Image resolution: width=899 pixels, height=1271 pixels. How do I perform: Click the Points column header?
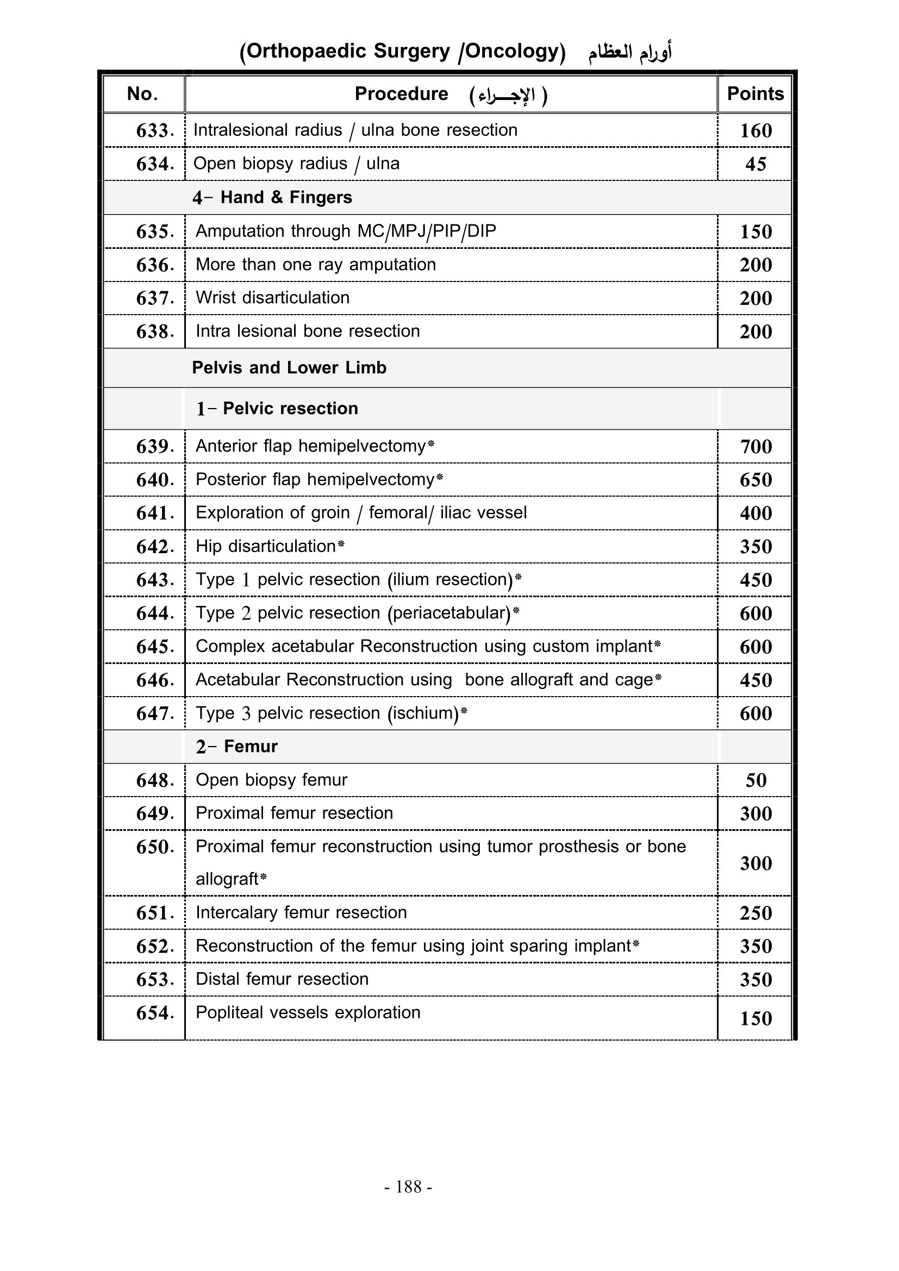pyautogui.click(x=755, y=93)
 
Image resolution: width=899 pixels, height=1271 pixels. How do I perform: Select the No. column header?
pyautogui.click(x=142, y=93)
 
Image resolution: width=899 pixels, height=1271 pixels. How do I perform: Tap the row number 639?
pyautogui.click(x=155, y=446)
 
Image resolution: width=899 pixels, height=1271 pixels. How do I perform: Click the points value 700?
pyautogui.click(x=756, y=446)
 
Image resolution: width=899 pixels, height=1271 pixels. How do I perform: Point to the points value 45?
pyautogui.click(x=756, y=164)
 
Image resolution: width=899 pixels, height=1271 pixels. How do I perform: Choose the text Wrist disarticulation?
pyautogui.click(x=272, y=298)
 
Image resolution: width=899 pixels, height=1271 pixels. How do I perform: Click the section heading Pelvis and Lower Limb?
pyautogui.click(x=289, y=367)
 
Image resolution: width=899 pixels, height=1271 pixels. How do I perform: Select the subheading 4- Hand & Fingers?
pyautogui.click(x=272, y=197)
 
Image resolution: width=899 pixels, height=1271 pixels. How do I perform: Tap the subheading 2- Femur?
pyautogui.click(x=236, y=746)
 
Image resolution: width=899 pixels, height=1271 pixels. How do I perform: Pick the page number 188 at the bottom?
pyautogui.click(x=409, y=1187)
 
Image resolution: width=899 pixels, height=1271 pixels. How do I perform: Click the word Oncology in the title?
pyautogui.click(x=511, y=51)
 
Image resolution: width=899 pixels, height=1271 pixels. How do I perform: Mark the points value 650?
pyautogui.click(x=756, y=479)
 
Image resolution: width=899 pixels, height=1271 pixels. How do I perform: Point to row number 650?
pyautogui.click(x=155, y=847)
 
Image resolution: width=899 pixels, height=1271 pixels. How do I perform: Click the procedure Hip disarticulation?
pyautogui.click(x=266, y=546)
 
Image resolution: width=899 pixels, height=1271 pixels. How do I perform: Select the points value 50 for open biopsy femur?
pyautogui.click(x=756, y=780)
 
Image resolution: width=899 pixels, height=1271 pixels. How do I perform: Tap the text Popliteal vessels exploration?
pyautogui.click(x=308, y=1012)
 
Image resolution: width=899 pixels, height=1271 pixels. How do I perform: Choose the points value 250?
pyautogui.click(x=756, y=913)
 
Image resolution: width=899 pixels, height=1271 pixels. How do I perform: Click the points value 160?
pyautogui.click(x=756, y=130)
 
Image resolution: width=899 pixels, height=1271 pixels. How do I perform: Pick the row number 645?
pyautogui.click(x=155, y=647)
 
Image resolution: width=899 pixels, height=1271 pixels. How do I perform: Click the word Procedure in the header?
pyautogui.click(x=401, y=93)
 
